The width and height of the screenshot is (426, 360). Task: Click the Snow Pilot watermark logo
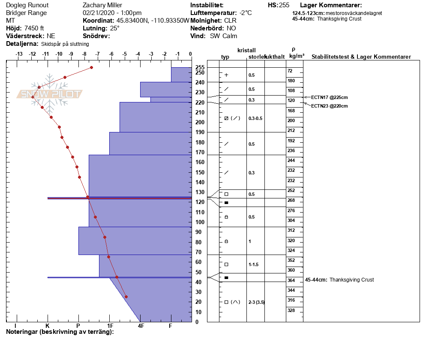tap(50, 94)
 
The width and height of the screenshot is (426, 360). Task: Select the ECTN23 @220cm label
tap(329, 106)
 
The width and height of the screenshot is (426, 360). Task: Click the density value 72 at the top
tap(290, 71)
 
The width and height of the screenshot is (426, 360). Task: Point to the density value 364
tap(291, 280)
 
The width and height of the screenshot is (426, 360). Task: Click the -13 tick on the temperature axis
tap(19, 54)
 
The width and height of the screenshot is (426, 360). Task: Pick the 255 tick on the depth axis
tap(200, 68)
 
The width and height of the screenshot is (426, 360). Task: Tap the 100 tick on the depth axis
tap(200, 222)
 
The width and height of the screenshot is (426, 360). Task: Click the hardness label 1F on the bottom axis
tap(110, 326)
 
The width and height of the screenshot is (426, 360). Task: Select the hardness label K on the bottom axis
tap(48, 326)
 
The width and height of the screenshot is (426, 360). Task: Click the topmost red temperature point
tap(91, 68)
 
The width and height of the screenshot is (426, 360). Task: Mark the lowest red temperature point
tap(126, 297)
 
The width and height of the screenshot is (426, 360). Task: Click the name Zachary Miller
tap(102, 5)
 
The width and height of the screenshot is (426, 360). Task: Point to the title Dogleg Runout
tap(27, 5)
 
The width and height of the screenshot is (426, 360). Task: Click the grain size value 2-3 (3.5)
tap(256, 302)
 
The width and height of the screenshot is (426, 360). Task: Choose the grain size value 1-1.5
tap(254, 264)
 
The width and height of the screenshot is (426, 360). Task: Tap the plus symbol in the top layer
tap(226, 75)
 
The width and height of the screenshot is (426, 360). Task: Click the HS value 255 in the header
tap(284, 5)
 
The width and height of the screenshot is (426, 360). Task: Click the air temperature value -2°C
tap(246, 13)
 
